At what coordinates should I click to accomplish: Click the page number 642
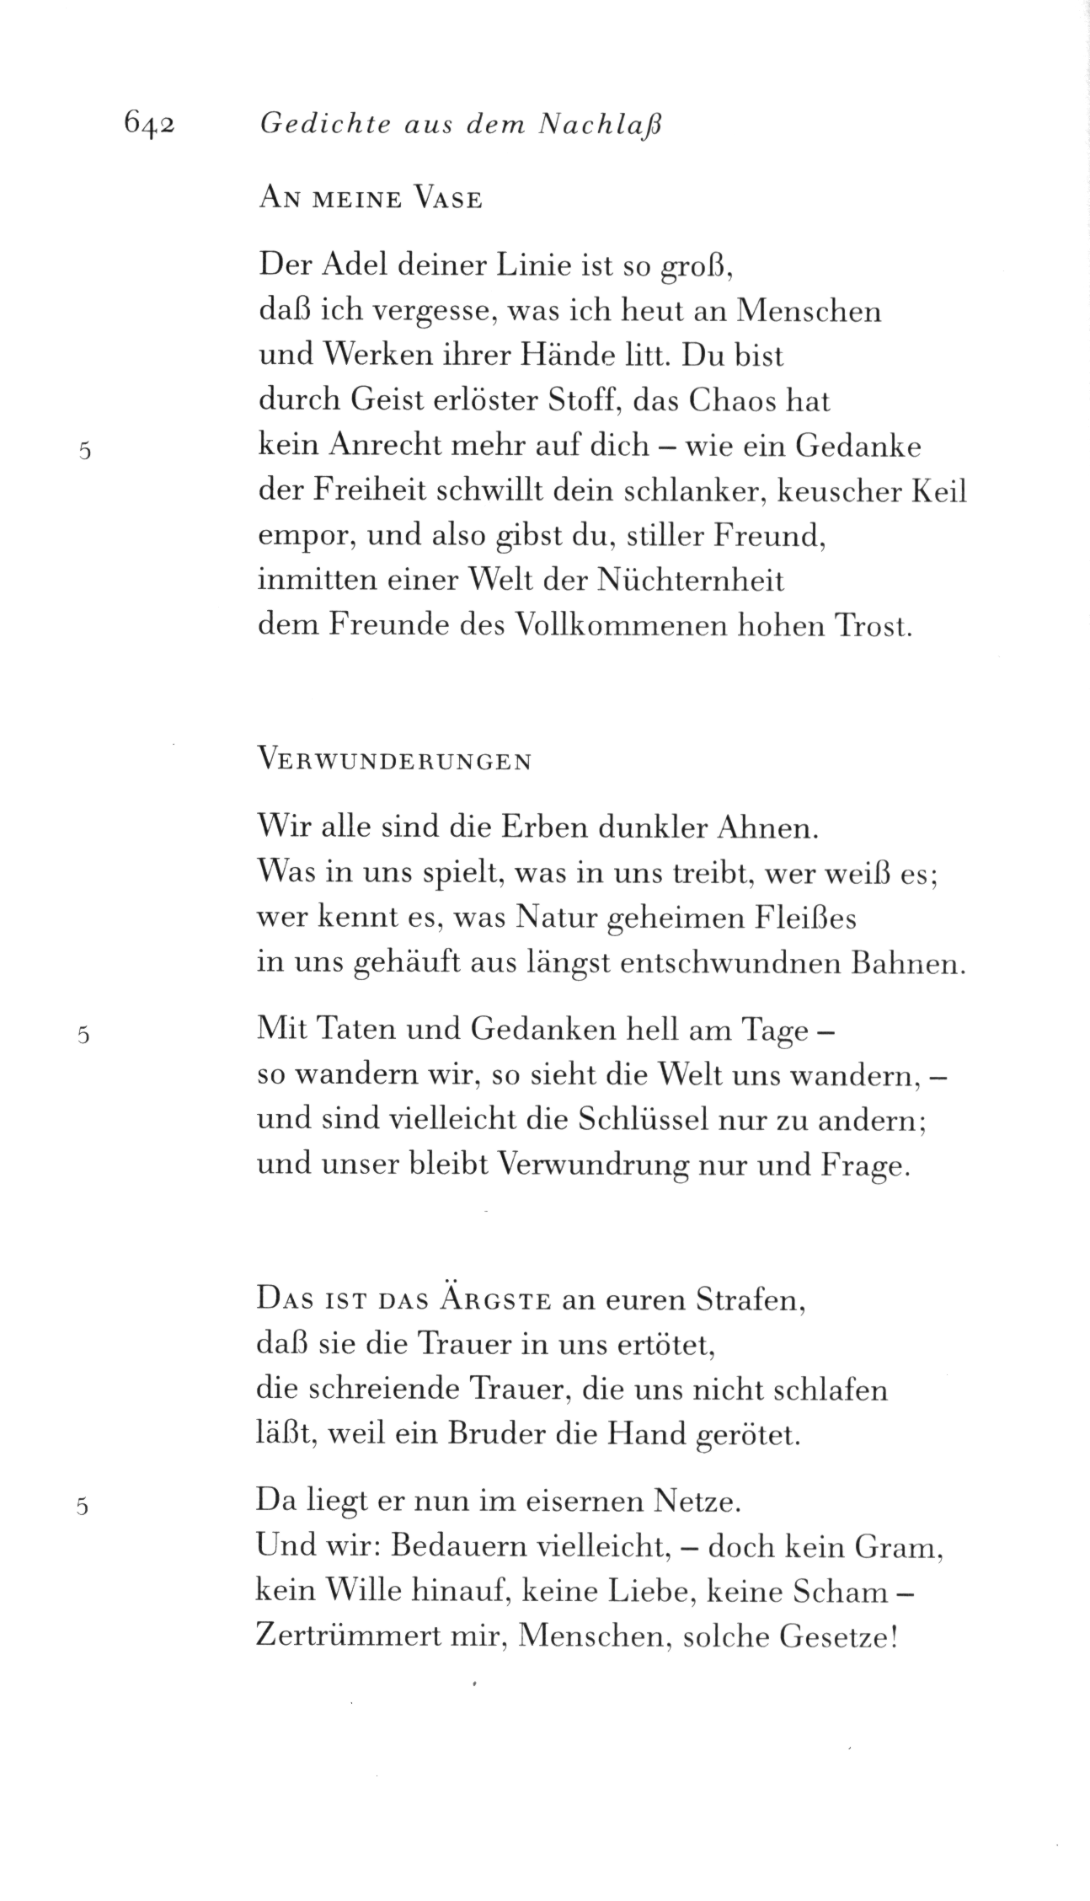[x=148, y=124]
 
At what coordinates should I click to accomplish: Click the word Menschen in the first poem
[x=809, y=311]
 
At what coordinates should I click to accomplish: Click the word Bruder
[x=500, y=1433]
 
